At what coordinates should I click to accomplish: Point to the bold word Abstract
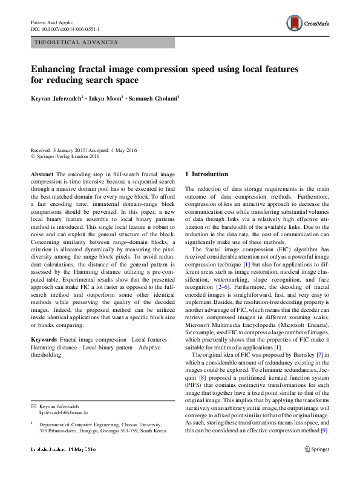coord(42,174)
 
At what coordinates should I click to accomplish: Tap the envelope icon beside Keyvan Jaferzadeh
coord(33,405)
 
